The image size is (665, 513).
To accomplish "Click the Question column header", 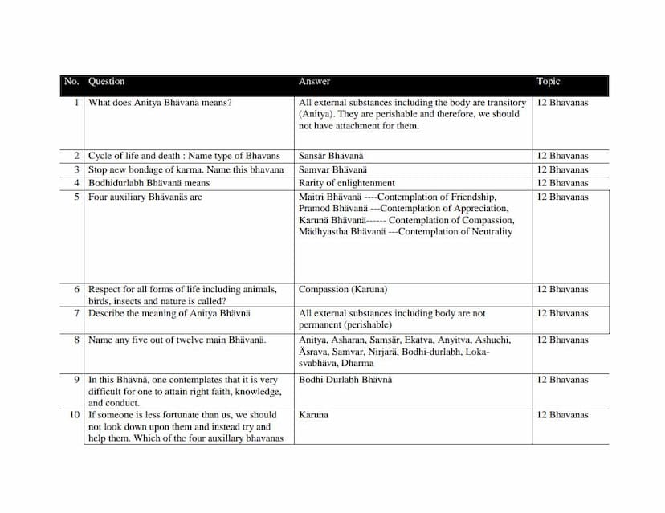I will click(x=106, y=82).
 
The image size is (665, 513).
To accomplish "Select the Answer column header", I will click(x=314, y=82).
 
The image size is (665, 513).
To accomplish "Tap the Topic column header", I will click(x=549, y=82).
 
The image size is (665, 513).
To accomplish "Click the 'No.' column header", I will click(x=71, y=82).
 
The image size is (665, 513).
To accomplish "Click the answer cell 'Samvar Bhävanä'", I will click(x=332, y=169).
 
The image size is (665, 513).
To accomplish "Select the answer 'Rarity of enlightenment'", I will click(x=346, y=183).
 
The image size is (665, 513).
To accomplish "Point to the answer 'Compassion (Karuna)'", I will click(x=342, y=290).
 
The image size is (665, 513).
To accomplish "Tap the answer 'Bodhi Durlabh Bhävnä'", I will click(x=345, y=380).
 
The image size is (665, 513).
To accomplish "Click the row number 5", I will click(x=76, y=197).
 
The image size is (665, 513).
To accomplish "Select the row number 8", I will click(x=76, y=340).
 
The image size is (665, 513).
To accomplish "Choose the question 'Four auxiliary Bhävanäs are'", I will click(x=145, y=197).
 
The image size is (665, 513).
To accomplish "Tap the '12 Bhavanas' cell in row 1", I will click(x=562, y=103).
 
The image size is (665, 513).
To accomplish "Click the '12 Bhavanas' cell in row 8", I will click(x=562, y=340).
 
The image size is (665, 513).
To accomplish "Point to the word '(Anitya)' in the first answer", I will click(x=316, y=114).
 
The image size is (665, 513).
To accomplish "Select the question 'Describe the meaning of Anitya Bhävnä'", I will click(x=169, y=314).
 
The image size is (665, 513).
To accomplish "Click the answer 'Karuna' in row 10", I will click(x=313, y=415).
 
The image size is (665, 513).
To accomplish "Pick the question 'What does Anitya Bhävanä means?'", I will click(x=160, y=103).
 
